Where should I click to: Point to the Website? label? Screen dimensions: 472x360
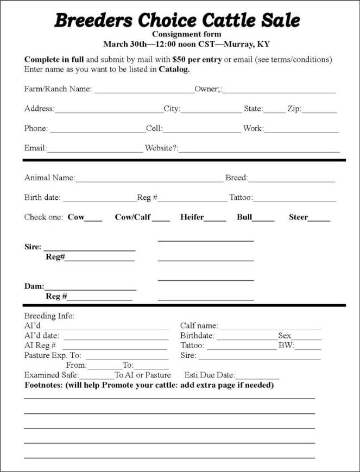click(161, 148)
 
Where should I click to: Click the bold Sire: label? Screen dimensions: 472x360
click(33, 247)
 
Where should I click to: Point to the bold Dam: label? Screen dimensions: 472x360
click(34, 286)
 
